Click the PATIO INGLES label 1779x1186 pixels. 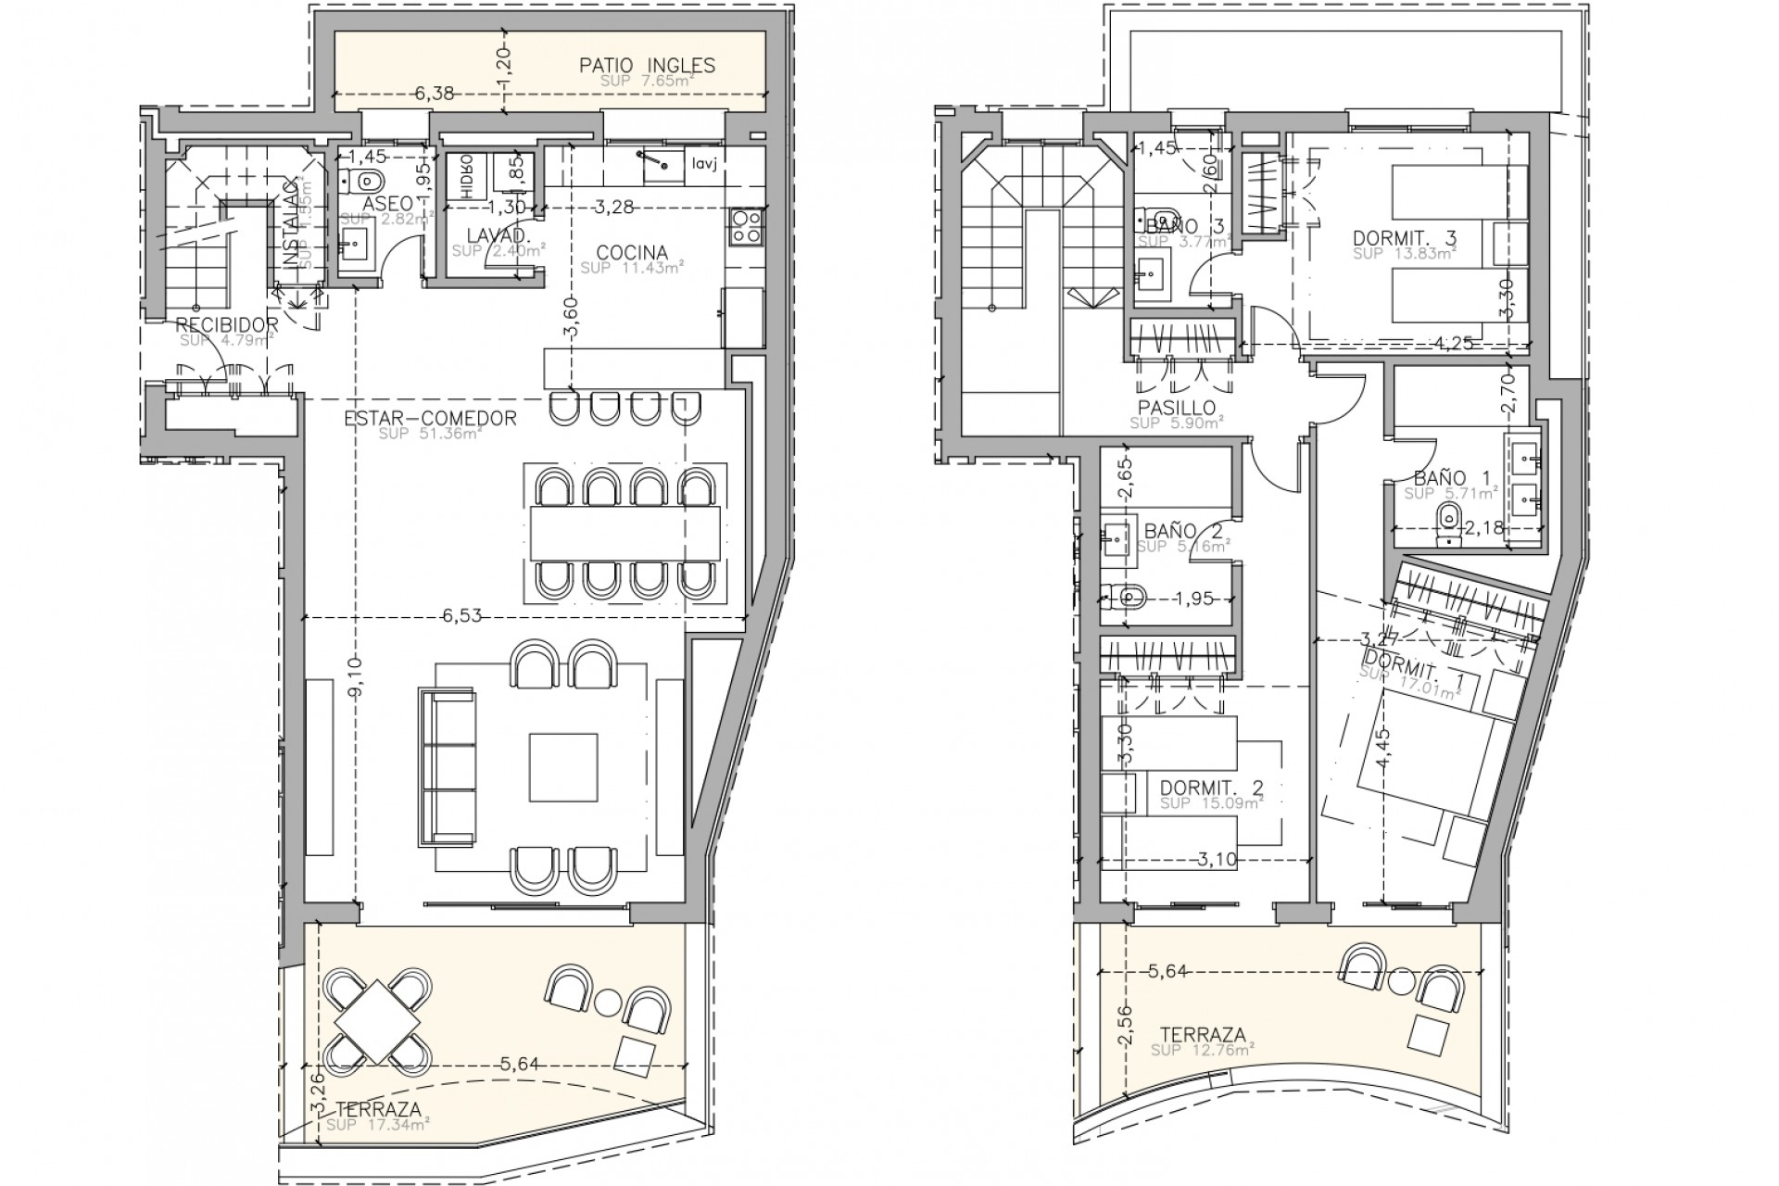pos(647,65)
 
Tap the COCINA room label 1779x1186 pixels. pos(632,252)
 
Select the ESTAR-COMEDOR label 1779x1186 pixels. pos(430,419)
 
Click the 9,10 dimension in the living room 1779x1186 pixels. pos(360,676)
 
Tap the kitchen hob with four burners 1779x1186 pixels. pos(747,227)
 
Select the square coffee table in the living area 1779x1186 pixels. pos(563,766)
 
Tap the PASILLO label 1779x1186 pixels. pos(1177,408)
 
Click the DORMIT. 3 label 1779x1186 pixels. pos(1404,238)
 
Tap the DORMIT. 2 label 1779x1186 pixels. pos(1211,788)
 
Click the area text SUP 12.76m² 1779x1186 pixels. pos(1202,1050)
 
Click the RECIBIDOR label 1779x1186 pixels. pos(227,324)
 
